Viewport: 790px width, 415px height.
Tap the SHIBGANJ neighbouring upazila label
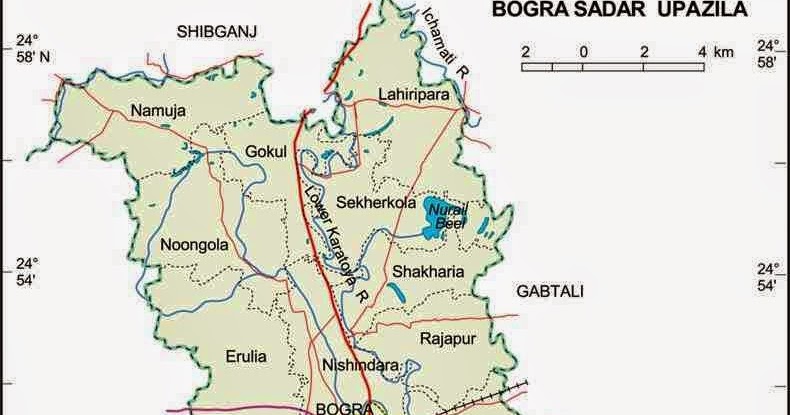pyautogui.click(x=217, y=32)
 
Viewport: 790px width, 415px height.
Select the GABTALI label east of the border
pyautogui.click(x=550, y=291)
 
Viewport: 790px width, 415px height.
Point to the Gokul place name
pyautogui.click(x=266, y=151)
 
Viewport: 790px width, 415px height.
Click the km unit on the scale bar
pyautogui.click(x=722, y=51)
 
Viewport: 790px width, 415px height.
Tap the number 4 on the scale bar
pyautogui.click(x=703, y=51)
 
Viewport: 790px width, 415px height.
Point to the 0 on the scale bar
pyautogui.click(x=584, y=51)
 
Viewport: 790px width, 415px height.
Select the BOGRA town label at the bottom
pyautogui.click(x=338, y=408)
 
